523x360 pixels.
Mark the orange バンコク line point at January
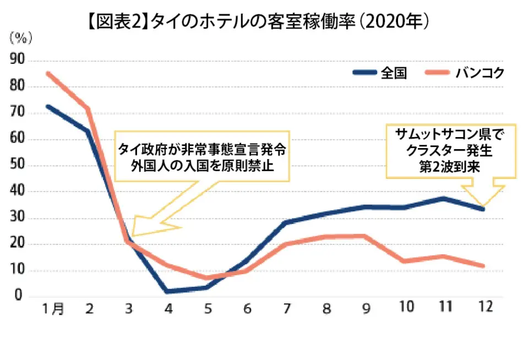pos(48,73)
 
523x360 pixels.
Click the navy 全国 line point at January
pos(48,106)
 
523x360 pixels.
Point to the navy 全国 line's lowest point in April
pos(167,291)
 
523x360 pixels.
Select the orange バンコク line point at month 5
pos(207,277)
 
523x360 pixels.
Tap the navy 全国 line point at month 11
pos(444,198)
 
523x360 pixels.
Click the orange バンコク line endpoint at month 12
pos(483,266)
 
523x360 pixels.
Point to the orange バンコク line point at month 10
pos(405,260)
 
